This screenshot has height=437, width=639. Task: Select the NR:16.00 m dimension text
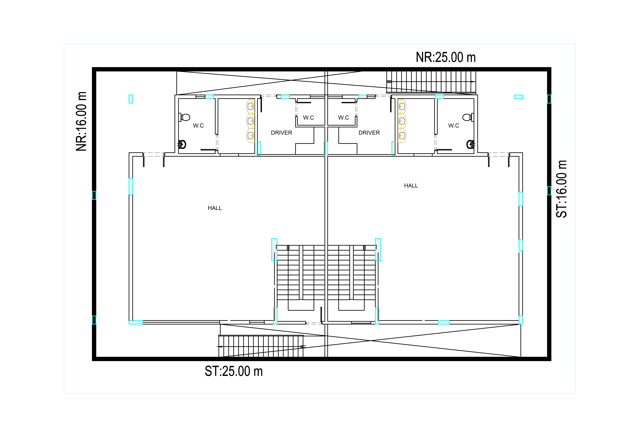pyautogui.click(x=81, y=121)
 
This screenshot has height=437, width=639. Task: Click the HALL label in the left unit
pyautogui.click(x=215, y=208)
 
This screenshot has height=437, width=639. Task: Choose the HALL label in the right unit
pyautogui.click(x=411, y=186)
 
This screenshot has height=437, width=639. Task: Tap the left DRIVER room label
pyautogui.click(x=282, y=133)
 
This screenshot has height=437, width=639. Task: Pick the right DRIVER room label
pyautogui.click(x=369, y=133)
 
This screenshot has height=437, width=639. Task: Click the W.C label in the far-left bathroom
pyautogui.click(x=198, y=126)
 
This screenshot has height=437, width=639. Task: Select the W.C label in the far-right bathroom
pyautogui.click(x=454, y=126)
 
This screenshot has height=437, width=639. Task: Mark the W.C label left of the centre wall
pyautogui.click(x=308, y=118)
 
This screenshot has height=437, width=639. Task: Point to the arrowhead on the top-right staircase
pyautogui.click(x=473, y=82)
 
